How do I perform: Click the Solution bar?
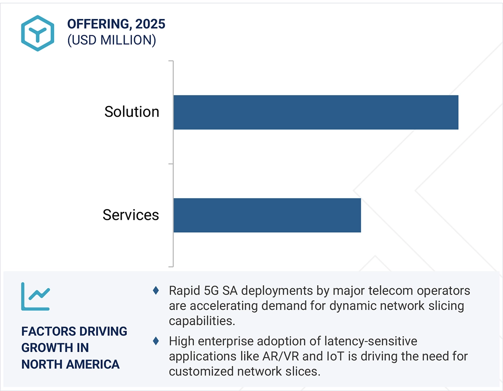click(316, 112)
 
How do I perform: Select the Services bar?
click(267, 215)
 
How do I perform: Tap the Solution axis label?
click(132, 112)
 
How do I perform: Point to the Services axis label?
click(131, 215)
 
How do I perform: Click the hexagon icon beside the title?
click(38, 33)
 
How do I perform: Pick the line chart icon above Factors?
click(36, 296)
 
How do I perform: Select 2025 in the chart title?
click(150, 25)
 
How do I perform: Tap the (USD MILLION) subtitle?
click(111, 40)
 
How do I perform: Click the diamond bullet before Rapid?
click(156, 291)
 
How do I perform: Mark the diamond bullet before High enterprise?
click(156, 342)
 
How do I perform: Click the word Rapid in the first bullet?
click(182, 291)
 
